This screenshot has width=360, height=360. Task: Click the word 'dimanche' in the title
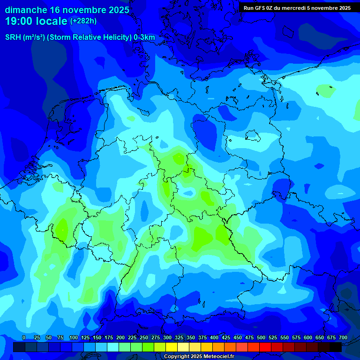(25, 9)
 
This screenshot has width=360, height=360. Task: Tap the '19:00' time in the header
(19, 21)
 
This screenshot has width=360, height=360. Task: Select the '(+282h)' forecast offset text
(83, 21)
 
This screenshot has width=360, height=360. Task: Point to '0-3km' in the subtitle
(144, 37)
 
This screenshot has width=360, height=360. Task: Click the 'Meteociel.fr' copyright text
(215, 357)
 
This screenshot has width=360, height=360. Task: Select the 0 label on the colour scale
(24, 337)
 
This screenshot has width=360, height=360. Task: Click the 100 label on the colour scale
(74, 337)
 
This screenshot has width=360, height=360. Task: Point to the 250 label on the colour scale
(144, 337)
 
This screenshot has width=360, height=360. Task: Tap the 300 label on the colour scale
(167, 337)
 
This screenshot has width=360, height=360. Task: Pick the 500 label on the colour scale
(261, 337)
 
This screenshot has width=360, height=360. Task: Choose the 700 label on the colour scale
(343, 337)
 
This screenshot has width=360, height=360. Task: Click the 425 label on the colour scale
(226, 337)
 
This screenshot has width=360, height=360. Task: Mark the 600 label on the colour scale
(308, 337)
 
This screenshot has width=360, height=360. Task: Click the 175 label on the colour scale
(109, 337)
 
